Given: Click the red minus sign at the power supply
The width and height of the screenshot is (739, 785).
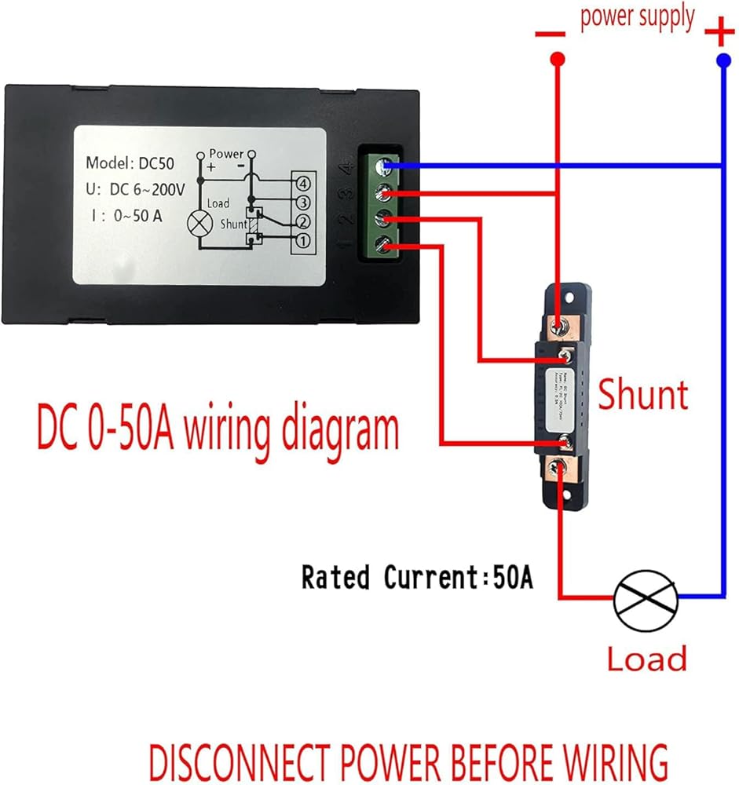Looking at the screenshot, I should pyautogui.click(x=551, y=35).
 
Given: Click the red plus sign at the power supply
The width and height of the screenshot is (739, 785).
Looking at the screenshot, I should pyautogui.click(x=719, y=34).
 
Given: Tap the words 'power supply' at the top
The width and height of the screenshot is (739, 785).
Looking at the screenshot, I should pyautogui.click(x=637, y=16).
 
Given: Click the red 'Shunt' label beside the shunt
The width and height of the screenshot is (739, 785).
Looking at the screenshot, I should pyautogui.click(x=642, y=394).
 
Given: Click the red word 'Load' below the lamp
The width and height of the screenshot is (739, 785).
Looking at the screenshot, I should pyautogui.click(x=646, y=659).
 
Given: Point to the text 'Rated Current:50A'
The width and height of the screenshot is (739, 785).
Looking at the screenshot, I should pyautogui.click(x=417, y=578).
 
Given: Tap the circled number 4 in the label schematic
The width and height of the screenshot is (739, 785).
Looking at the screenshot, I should pyautogui.click(x=302, y=184).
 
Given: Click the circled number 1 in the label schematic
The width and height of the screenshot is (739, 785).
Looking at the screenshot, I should pyautogui.click(x=302, y=239).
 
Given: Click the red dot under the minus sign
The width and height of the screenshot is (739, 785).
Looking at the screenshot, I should pyautogui.click(x=557, y=60).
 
